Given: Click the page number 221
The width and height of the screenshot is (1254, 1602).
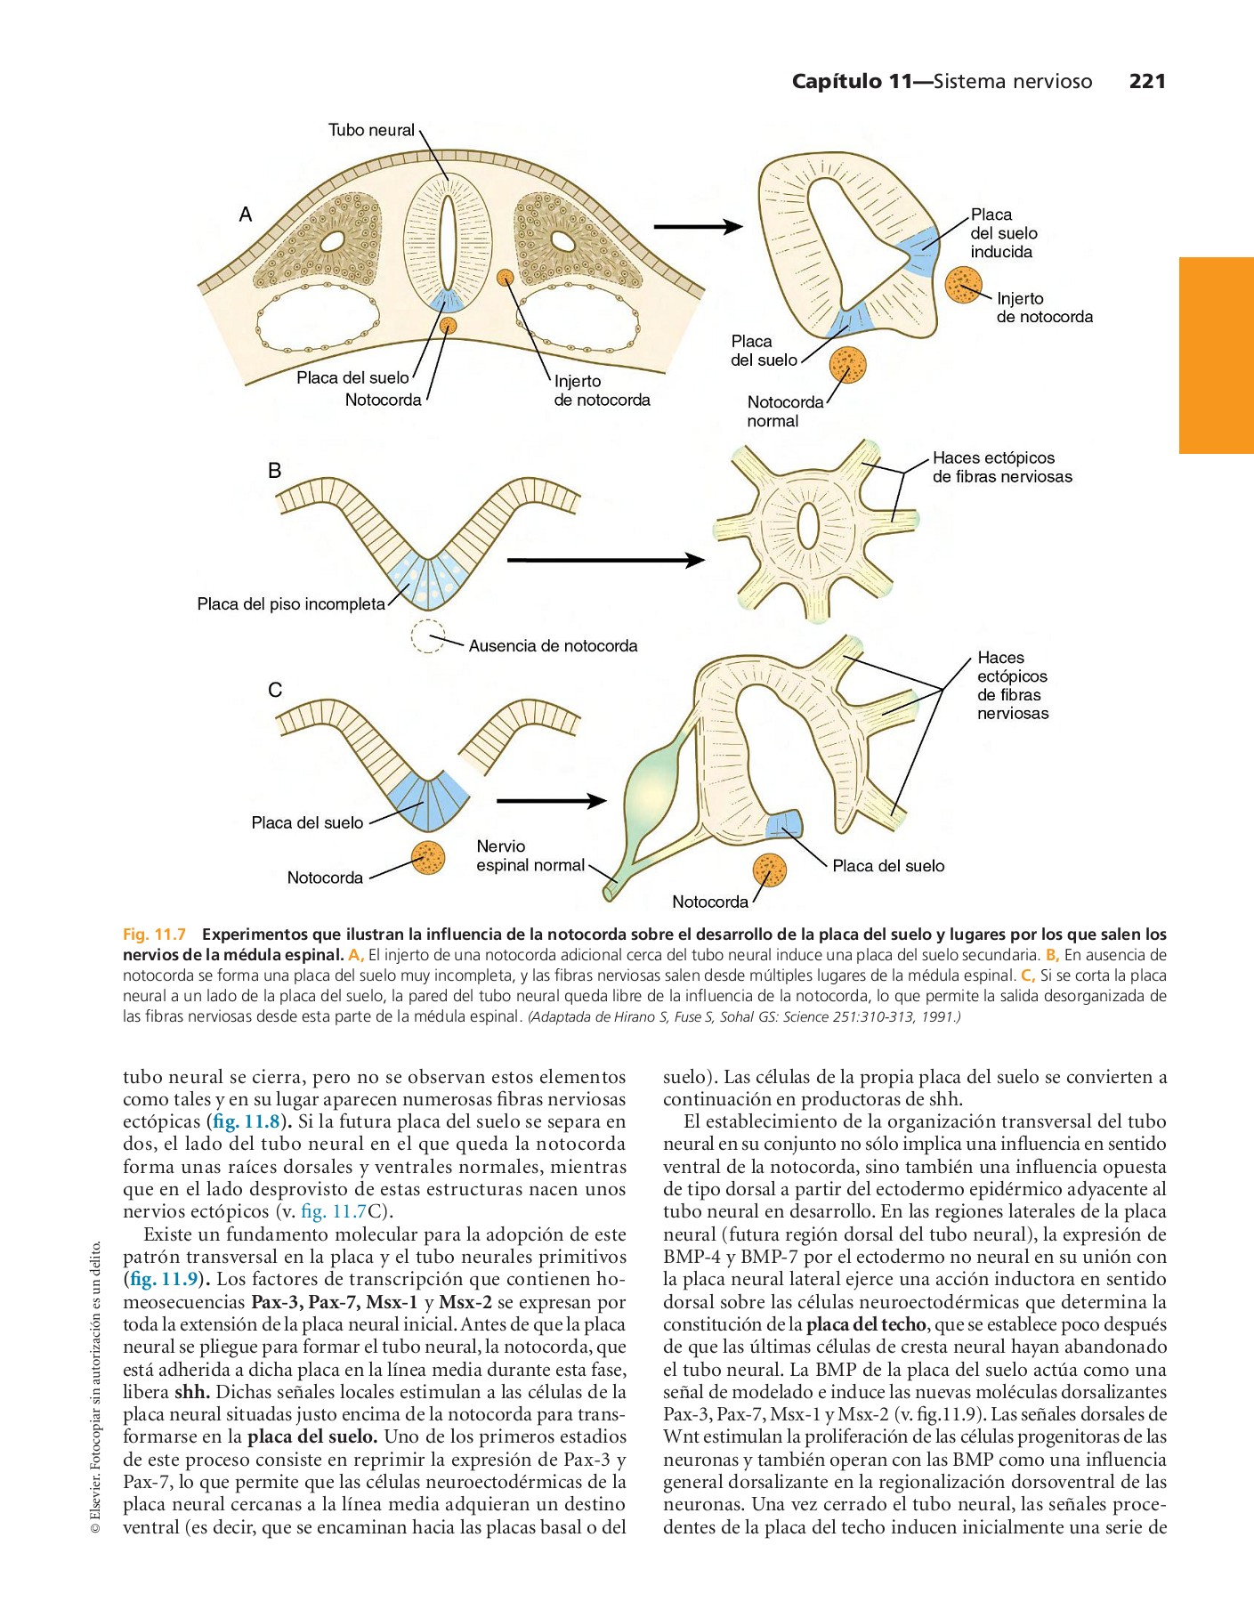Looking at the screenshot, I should (1146, 81).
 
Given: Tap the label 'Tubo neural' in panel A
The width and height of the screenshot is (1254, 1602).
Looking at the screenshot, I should (371, 130).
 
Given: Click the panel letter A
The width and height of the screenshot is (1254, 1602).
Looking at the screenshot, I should (246, 214).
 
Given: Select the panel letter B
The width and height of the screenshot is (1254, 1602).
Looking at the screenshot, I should (274, 471).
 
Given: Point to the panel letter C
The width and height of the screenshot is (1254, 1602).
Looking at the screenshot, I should (274, 690).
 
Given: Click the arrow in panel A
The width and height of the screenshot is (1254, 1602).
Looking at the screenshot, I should (698, 227).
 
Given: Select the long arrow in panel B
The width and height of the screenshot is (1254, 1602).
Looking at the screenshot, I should (605, 560).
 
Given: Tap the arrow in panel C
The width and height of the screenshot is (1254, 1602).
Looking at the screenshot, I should (551, 801).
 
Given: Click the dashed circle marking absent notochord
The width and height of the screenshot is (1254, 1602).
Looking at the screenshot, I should (428, 635).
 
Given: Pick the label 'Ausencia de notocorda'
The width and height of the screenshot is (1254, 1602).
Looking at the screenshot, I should (553, 646).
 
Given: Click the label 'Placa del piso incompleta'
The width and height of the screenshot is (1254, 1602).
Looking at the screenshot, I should (291, 604).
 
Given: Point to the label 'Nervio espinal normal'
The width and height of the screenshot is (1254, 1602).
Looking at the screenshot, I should (530, 855).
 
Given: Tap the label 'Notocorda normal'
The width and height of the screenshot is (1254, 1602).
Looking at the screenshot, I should (785, 411).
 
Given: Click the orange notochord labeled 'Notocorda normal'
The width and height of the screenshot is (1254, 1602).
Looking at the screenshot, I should (847, 364).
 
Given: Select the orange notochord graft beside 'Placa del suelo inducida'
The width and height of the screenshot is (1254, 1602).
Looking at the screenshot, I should (962, 284).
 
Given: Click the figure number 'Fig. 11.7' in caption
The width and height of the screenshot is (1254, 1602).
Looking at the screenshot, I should (154, 934).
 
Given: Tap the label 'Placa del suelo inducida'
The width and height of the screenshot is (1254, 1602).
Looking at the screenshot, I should (1003, 233).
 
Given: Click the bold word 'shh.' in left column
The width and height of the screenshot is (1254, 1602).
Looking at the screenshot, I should (192, 1392).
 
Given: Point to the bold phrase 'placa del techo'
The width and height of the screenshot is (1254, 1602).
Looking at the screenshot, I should (866, 1324).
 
